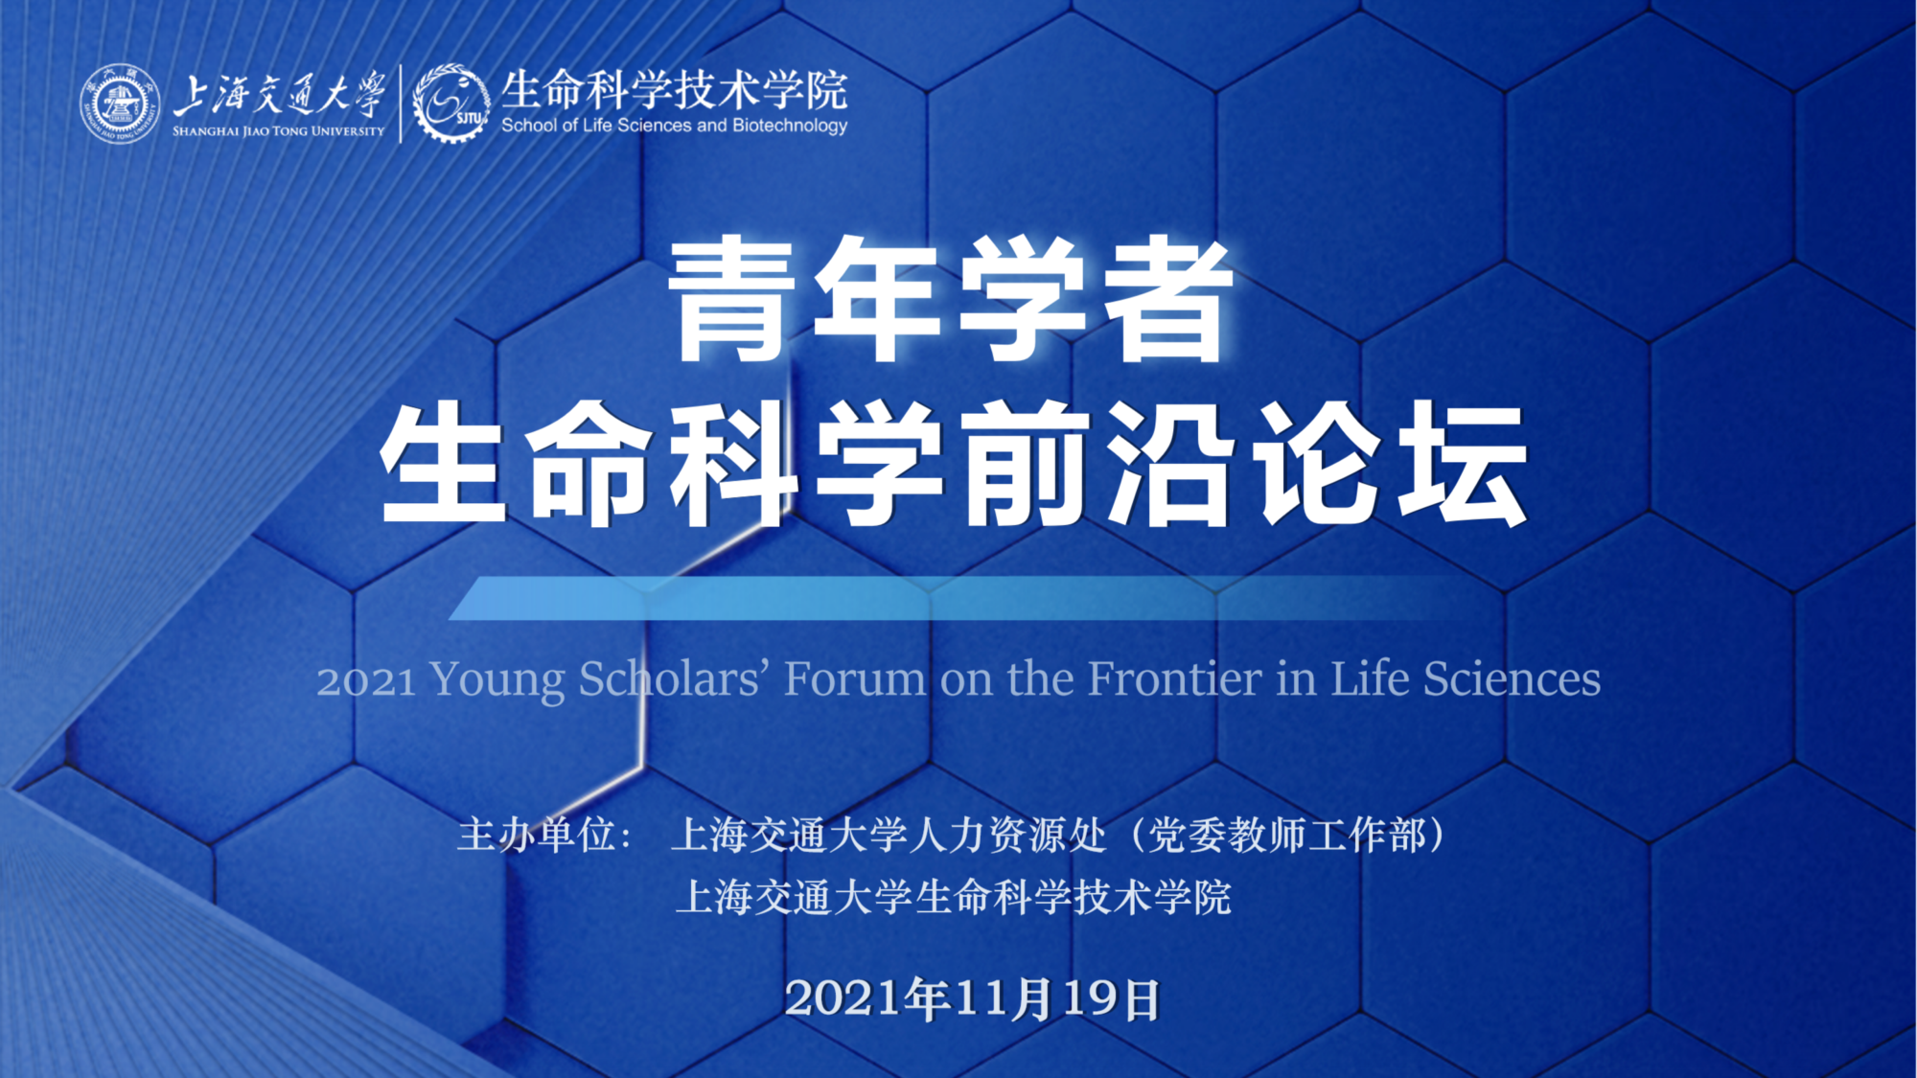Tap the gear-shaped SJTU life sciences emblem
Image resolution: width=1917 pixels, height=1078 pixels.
[x=450, y=103]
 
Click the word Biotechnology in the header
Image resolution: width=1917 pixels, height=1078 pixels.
[x=790, y=126]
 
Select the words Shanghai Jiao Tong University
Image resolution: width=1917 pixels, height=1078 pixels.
[x=278, y=131]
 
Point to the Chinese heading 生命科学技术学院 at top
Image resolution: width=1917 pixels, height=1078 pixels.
[x=675, y=90]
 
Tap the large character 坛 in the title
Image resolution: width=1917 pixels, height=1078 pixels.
[x=1463, y=464]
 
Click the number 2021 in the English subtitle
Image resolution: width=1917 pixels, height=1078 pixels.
[x=366, y=680]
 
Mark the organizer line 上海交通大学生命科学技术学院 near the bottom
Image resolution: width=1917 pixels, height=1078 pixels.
[x=954, y=898]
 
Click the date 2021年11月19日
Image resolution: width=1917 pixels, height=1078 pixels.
[x=972, y=998]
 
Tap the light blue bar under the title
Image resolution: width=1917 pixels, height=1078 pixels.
[x=958, y=598]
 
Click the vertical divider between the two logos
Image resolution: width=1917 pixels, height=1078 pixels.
[x=400, y=103]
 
